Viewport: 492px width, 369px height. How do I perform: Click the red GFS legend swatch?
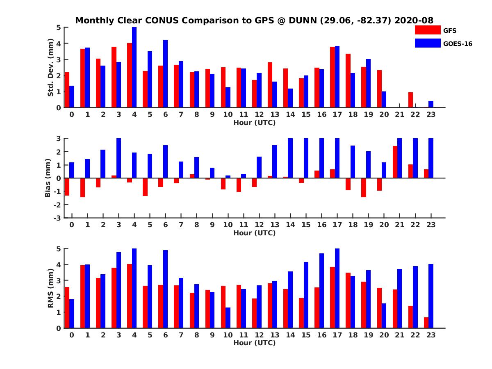(427, 30)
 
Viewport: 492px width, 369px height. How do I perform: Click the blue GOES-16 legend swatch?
(427, 43)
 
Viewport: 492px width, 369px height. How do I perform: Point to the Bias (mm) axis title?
(48, 178)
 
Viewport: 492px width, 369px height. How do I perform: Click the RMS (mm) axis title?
(51, 288)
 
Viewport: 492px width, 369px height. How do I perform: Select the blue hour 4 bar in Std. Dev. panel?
(134, 67)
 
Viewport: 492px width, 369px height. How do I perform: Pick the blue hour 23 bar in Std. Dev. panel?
(431, 104)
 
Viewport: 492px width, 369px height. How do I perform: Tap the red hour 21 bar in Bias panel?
(395, 162)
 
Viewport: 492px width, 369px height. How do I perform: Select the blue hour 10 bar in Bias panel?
(228, 177)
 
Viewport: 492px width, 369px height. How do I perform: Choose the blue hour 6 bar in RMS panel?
(165, 289)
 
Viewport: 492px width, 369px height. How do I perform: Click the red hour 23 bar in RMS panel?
(426, 323)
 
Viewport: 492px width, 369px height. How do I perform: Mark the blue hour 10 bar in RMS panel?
(228, 318)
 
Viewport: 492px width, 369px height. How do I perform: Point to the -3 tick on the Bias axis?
(59, 218)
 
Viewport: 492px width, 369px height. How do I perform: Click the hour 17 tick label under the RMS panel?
(337, 335)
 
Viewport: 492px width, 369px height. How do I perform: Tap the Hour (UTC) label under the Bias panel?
(254, 233)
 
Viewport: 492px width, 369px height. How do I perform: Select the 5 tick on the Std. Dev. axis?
(59, 27)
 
